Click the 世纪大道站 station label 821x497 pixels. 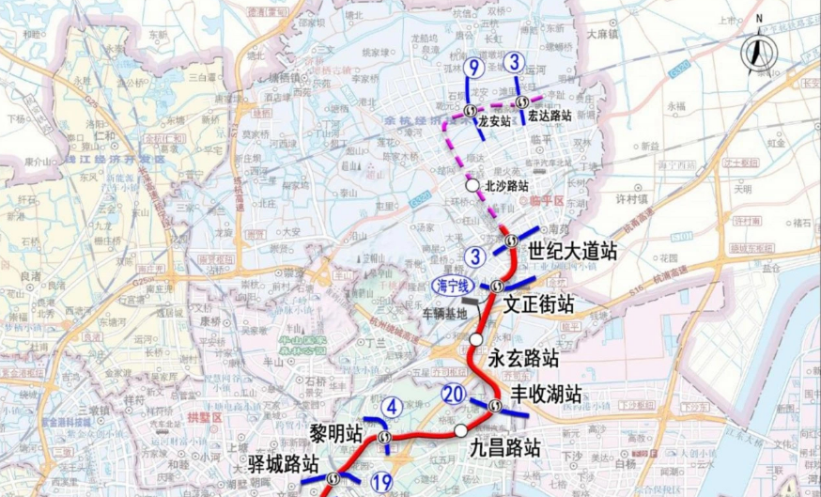(x=572, y=252)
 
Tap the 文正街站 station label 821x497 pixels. (x=538, y=304)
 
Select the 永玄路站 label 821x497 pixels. (x=523, y=358)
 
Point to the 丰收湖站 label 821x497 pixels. (x=546, y=393)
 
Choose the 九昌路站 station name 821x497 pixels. (x=505, y=447)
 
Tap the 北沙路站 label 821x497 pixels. (x=507, y=186)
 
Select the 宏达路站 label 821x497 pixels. (x=550, y=116)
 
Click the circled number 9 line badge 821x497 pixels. (x=474, y=67)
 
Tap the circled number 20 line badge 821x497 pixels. (x=454, y=395)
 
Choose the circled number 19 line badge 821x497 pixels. (x=380, y=482)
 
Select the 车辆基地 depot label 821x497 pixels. (x=444, y=313)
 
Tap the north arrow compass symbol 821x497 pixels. (x=757, y=50)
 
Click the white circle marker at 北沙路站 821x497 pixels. (x=472, y=185)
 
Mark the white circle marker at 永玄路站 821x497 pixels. (x=477, y=339)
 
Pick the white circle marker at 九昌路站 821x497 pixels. (x=460, y=430)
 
